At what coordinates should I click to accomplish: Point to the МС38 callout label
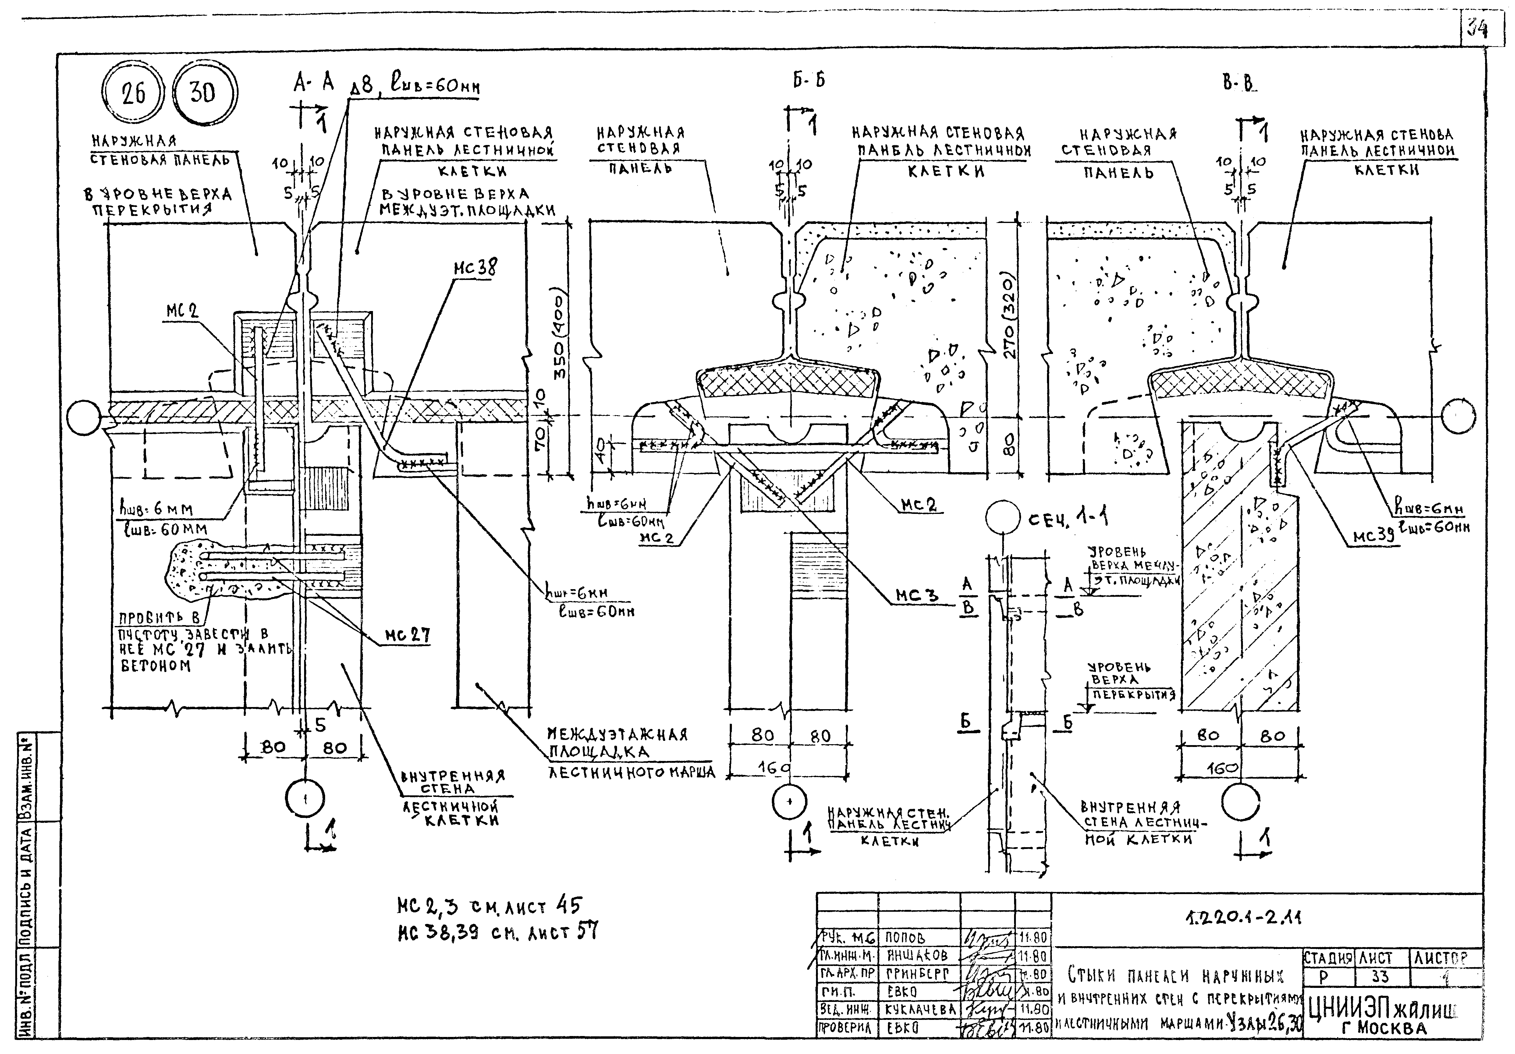tap(475, 267)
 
